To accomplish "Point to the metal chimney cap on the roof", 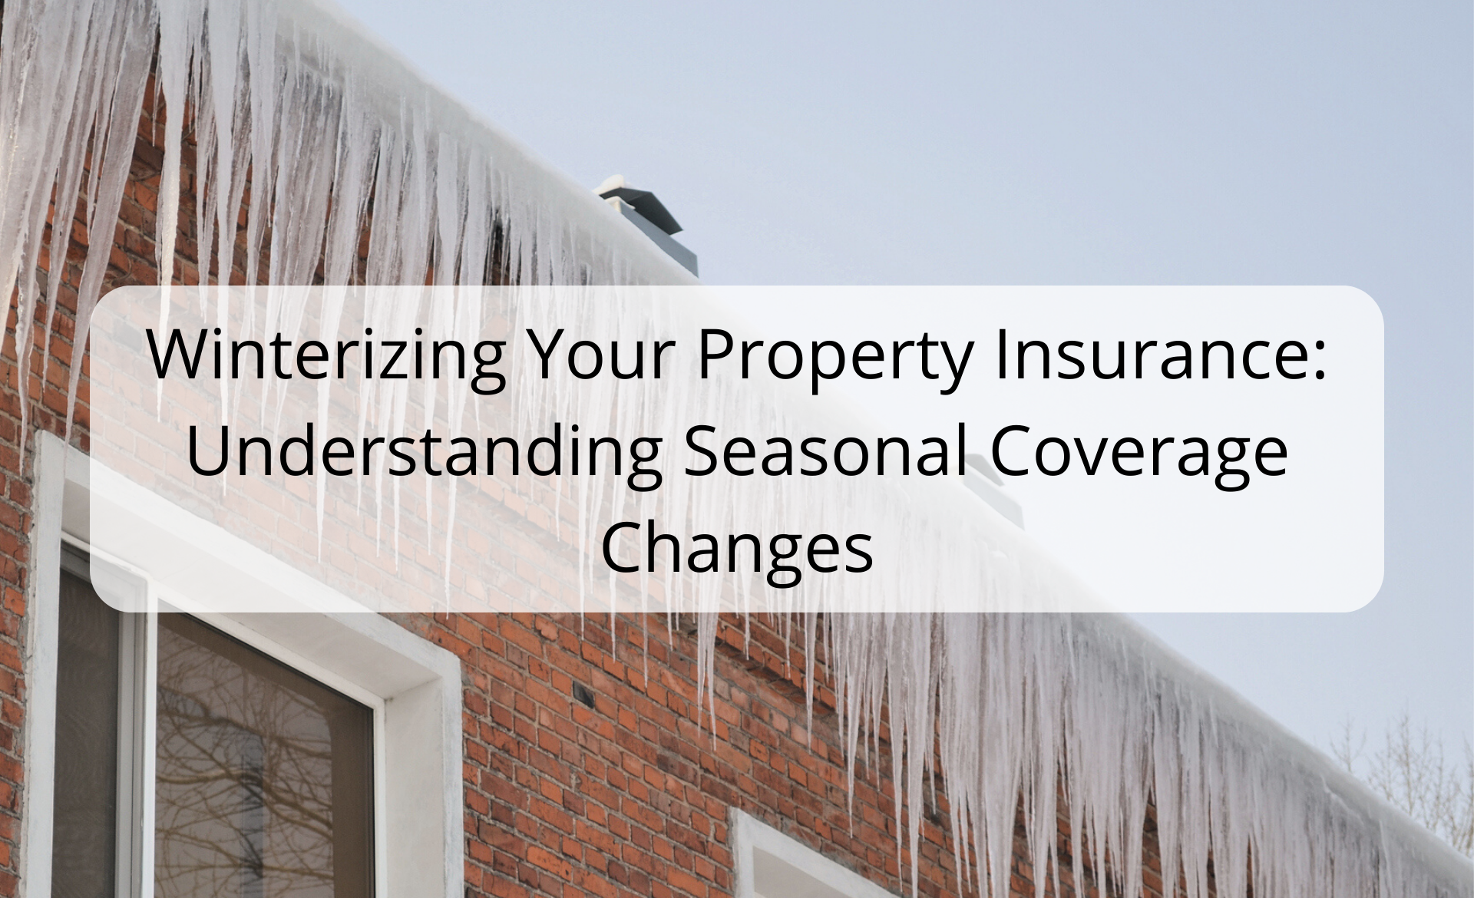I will point(642,203).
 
